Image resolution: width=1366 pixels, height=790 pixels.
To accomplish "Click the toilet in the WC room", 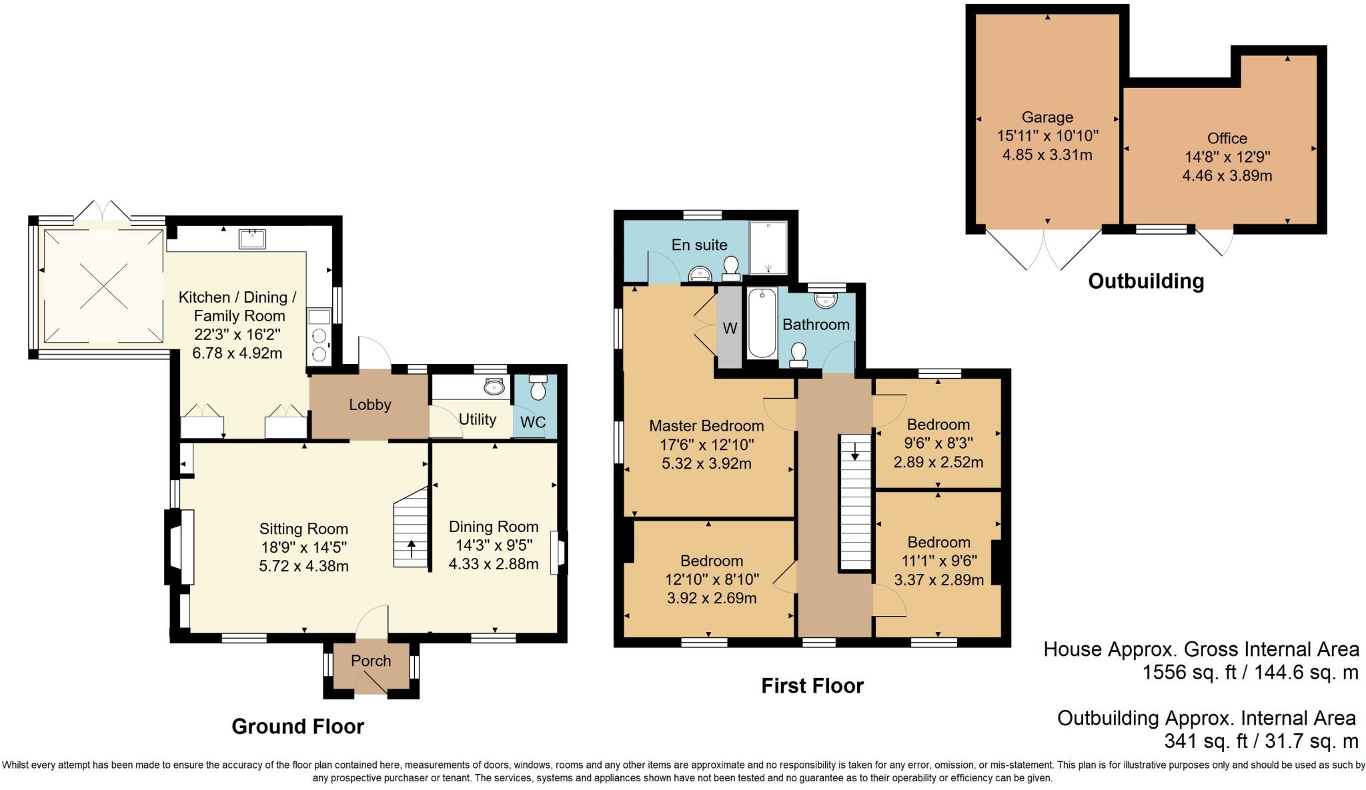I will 538,387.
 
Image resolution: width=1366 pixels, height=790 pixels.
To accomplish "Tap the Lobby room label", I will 370,405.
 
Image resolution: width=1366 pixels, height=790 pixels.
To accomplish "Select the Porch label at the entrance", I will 371,661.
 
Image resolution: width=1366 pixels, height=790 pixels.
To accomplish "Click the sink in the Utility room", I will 494,387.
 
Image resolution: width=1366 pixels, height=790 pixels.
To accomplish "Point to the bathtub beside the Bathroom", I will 762,323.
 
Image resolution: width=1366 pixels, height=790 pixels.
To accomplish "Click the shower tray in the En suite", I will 768,248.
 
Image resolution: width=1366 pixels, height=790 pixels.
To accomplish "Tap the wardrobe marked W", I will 730,328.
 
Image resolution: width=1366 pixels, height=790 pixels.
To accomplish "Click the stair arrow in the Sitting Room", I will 412,548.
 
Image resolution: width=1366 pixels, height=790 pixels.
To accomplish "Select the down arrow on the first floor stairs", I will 854,453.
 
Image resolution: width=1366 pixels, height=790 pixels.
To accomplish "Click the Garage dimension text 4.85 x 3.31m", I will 1047,155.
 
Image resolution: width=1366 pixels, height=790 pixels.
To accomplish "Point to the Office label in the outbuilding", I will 1227,138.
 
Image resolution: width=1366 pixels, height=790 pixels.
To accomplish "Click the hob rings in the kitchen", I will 319,345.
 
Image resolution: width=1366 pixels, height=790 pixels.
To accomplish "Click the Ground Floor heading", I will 297,726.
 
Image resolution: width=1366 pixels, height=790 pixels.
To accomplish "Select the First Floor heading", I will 812,685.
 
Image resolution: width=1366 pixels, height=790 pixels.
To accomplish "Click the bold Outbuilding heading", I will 1145,281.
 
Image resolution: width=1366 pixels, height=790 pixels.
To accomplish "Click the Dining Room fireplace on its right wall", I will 556,552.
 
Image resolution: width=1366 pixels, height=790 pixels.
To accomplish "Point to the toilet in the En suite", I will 731,268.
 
